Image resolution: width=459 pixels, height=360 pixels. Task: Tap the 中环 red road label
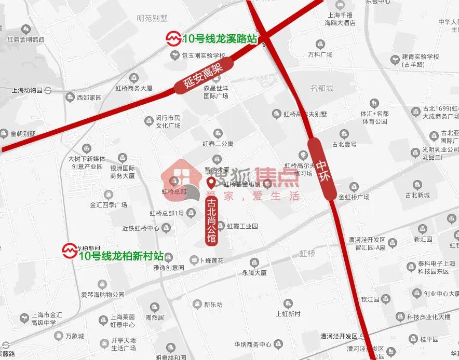(322, 169)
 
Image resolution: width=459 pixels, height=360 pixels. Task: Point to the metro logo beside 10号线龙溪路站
(172, 38)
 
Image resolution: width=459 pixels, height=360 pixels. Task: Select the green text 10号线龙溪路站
(220, 38)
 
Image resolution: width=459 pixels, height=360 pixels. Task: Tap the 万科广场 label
(320, 54)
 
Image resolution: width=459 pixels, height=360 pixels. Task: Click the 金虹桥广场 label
(354, 197)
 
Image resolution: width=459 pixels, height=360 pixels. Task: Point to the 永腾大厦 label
(254, 272)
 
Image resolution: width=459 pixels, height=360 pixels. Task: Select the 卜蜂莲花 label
(211, 259)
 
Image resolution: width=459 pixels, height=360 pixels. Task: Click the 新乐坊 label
(213, 304)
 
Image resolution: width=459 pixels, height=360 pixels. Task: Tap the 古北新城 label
(417, 195)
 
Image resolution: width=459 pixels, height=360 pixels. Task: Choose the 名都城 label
(322, 89)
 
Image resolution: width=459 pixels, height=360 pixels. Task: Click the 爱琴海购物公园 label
(103, 295)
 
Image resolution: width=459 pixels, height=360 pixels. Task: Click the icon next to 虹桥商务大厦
(134, 79)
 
